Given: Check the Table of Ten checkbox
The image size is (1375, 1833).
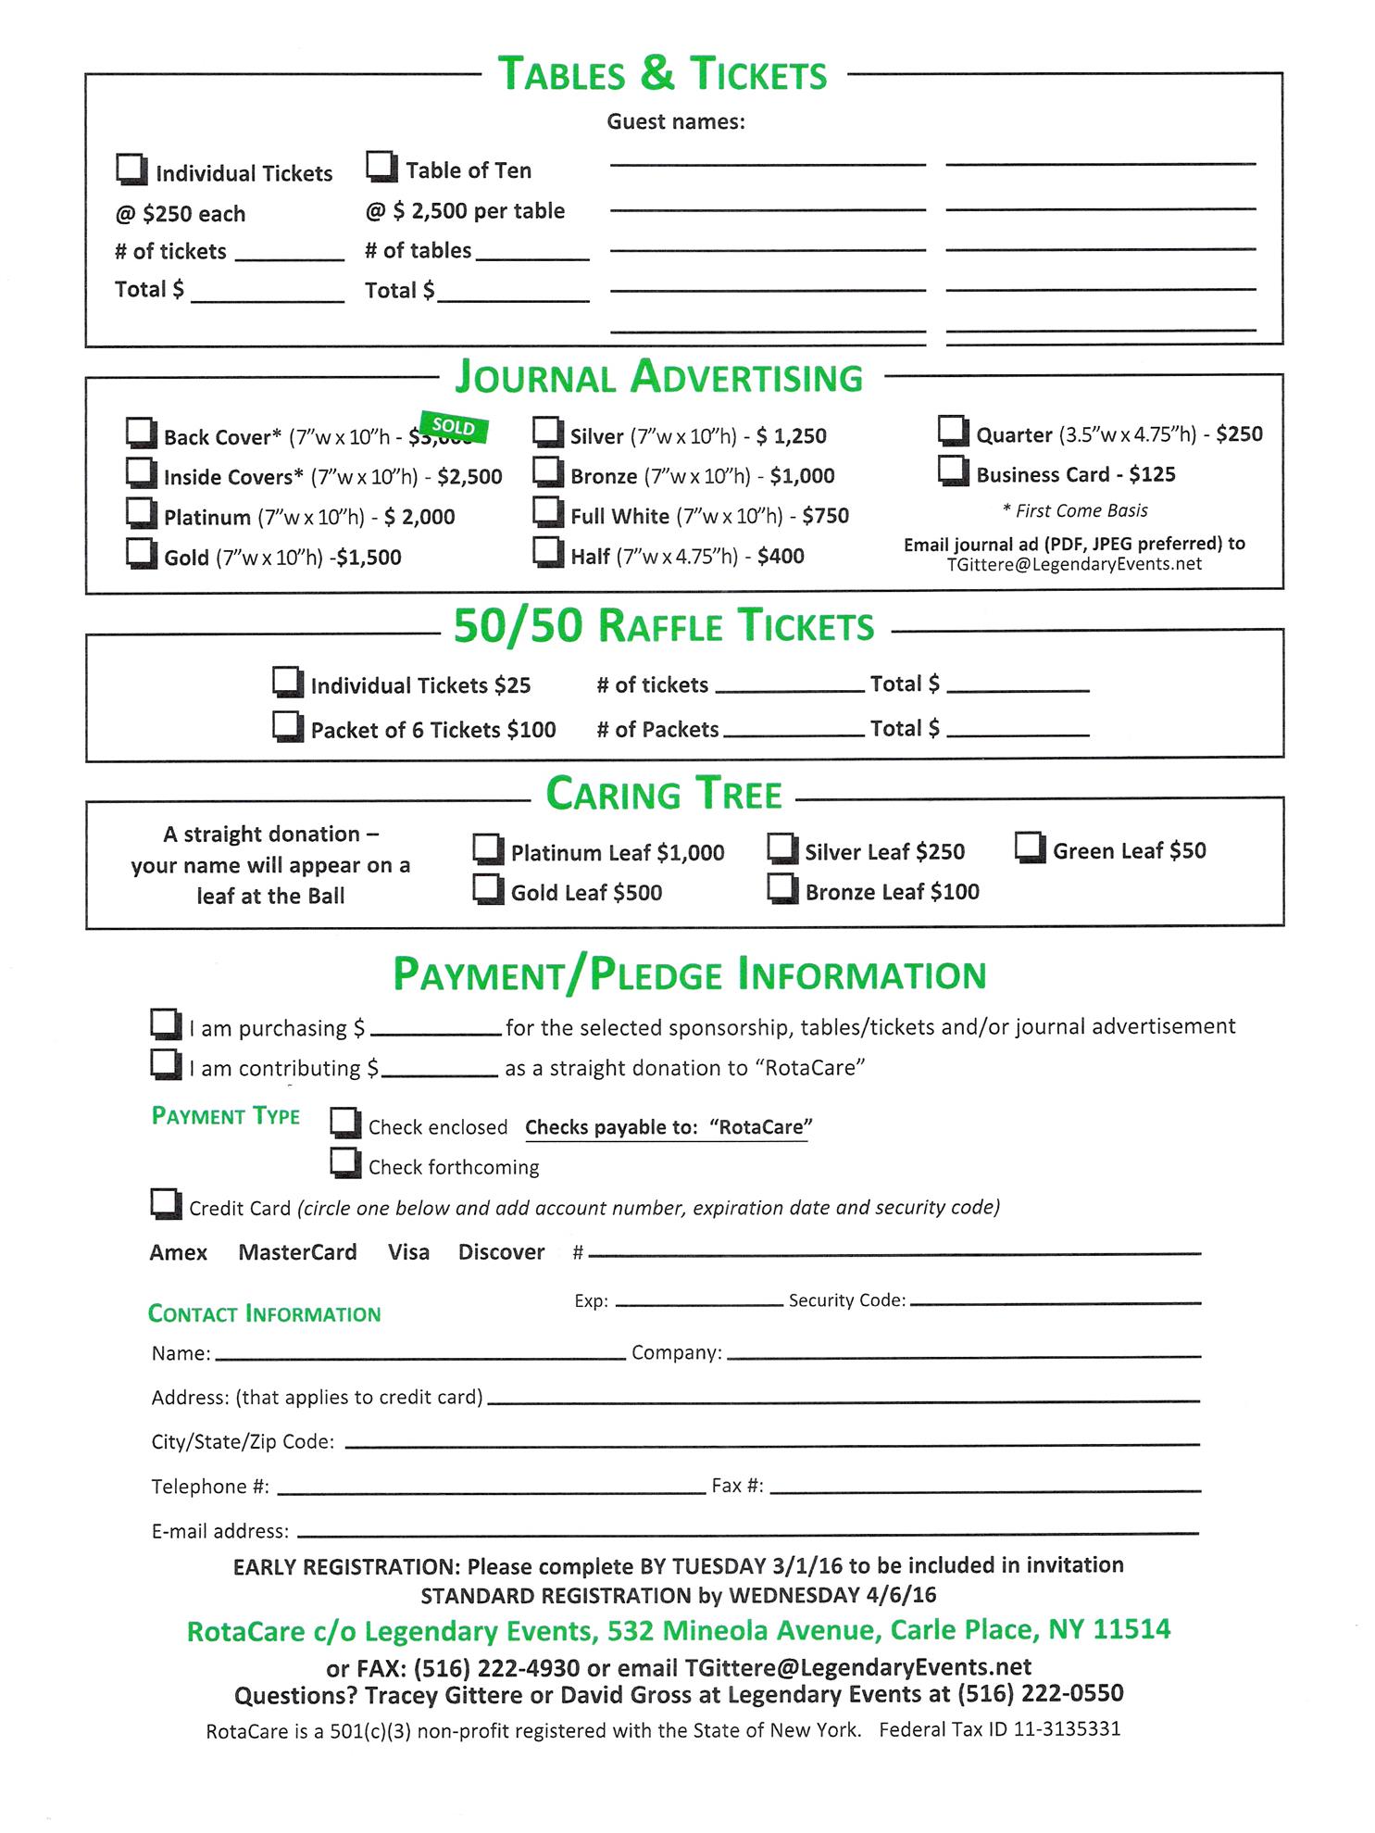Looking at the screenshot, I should (x=381, y=168).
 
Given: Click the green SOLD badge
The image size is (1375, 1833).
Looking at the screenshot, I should (x=454, y=427).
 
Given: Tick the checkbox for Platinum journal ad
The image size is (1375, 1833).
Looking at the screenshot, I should (x=140, y=513).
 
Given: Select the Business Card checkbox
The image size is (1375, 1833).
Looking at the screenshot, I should (x=953, y=471).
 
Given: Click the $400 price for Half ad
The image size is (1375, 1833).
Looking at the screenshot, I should (x=781, y=557).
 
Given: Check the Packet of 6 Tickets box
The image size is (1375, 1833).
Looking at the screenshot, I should (x=287, y=726).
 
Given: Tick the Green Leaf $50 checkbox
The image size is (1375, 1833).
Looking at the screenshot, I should (x=1030, y=847).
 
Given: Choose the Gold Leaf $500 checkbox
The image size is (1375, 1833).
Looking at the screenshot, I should (x=487, y=889).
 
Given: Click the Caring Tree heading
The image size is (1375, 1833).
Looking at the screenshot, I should (x=664, y=795).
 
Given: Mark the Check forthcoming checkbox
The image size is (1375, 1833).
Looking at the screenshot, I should (x=345, y=1162).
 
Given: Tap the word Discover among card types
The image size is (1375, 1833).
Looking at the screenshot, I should (x=501, y=1252).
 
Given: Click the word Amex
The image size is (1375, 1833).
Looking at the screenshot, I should (x=179, y=1253).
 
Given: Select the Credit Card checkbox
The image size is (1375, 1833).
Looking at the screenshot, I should (x=166, y=1204).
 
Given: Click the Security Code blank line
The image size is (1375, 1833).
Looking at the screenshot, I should (x=1056, y=1302).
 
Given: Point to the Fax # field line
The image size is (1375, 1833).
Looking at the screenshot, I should (x=984, y=1490).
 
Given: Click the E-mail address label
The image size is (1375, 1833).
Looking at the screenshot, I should (x=220, y=1532).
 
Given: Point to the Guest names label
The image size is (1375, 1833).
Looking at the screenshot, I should (x=676, y=121).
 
